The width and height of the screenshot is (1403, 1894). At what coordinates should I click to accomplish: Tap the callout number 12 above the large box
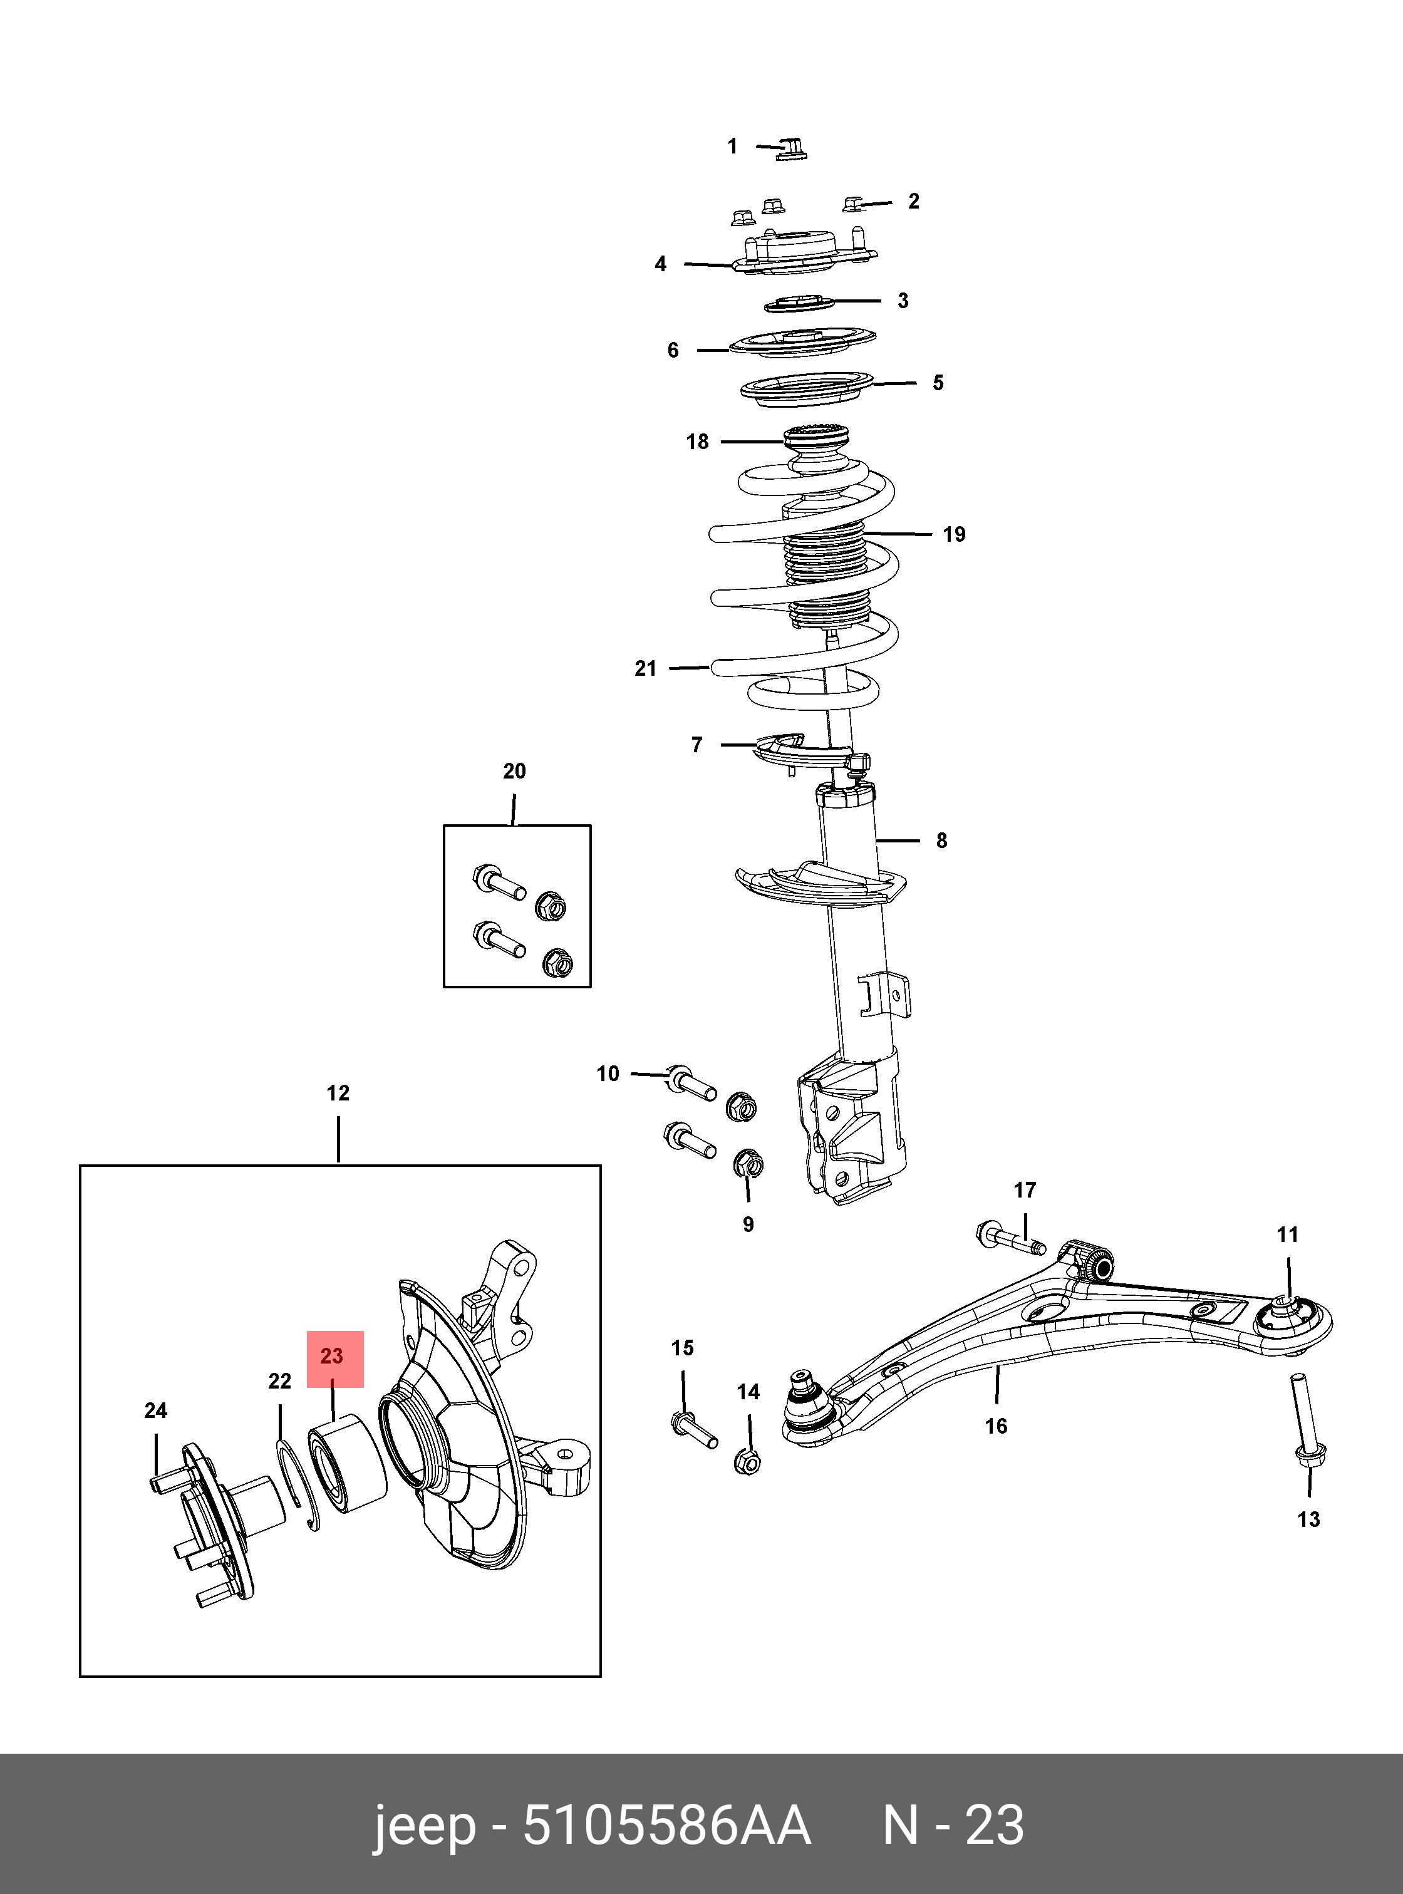[338, 1093]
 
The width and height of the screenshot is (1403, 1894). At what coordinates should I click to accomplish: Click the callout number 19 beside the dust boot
[954, 534]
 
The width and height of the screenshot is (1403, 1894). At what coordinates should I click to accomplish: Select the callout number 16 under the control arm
[997, 1426]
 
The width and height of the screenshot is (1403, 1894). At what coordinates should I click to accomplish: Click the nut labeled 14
[747, 1461]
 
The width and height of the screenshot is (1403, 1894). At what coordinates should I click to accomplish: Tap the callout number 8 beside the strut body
[941, 841]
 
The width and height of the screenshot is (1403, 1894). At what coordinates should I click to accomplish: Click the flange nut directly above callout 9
[747, 1164]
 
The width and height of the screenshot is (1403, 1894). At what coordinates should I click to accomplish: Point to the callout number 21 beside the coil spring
[646, 668]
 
